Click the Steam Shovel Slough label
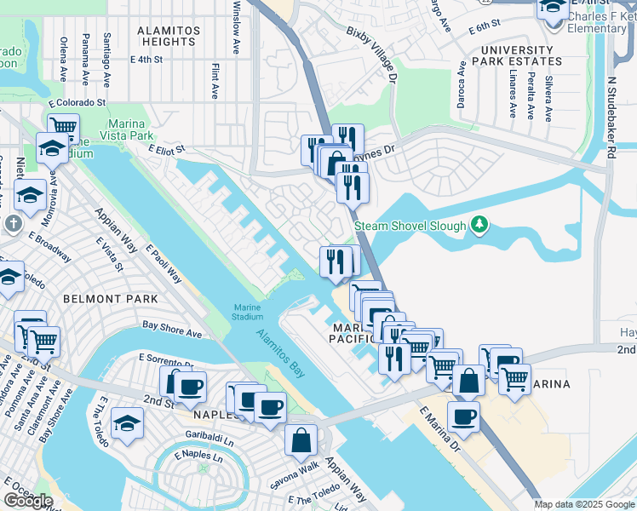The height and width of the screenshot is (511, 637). [410, 226]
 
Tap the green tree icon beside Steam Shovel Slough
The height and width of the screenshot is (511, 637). [480, 225]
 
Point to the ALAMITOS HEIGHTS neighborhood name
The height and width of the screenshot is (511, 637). [169, 36]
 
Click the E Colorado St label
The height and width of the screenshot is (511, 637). [77, 102]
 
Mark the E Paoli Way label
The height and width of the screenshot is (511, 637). [164, 264]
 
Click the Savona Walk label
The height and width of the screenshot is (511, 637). [296, 468]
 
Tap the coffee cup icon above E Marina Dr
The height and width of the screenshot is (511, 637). [463, 416]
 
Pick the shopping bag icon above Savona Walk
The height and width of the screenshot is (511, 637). [301, 439]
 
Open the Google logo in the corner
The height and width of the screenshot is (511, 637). [28, 501]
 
